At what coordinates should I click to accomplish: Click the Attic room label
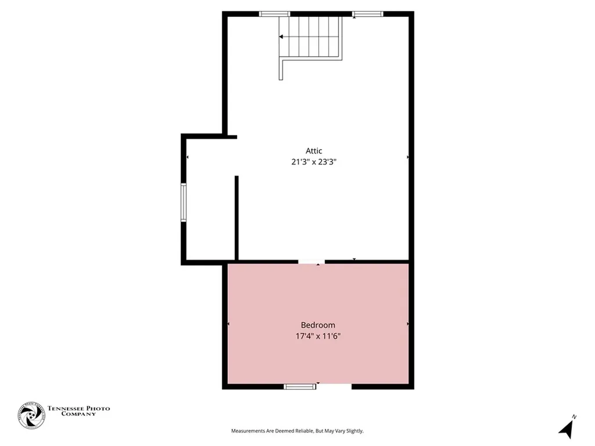[x=314, y=151]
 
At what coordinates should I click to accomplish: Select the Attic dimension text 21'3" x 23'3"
[x=314, y=163]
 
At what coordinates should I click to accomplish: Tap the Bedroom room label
[x=318, y=325]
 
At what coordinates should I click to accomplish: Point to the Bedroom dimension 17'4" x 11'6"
[x=318, y=336]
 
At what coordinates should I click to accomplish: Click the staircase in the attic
[x=310, y=38]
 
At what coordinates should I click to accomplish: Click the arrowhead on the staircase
[x=281, y=37]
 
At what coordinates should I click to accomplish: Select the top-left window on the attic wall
[x=274, y=14]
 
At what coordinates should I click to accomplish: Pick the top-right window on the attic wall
[x=368, y=14]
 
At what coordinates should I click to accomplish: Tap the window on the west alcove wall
[x=184, y=202]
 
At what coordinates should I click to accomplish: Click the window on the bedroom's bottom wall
[x=300, y=386]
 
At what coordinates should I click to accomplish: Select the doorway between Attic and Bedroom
[x=311, y=262]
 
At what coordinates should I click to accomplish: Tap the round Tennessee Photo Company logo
[x=31, y=415]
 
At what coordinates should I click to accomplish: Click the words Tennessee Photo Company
[x=78, y=411]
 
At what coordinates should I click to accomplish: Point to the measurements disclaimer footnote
[x=297, y=431]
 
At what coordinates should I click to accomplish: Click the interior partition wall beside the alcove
[x=236, y=218]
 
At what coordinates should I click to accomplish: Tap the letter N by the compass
[x=574, y=417]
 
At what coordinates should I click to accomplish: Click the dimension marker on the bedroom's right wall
[x=408, y=323]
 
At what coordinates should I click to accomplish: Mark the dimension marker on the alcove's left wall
[x=187, y=157]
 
